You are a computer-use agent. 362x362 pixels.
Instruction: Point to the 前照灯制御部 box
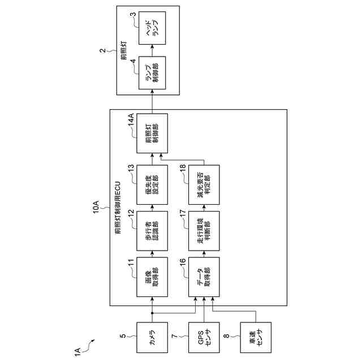152,134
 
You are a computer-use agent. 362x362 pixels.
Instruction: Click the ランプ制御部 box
152,73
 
